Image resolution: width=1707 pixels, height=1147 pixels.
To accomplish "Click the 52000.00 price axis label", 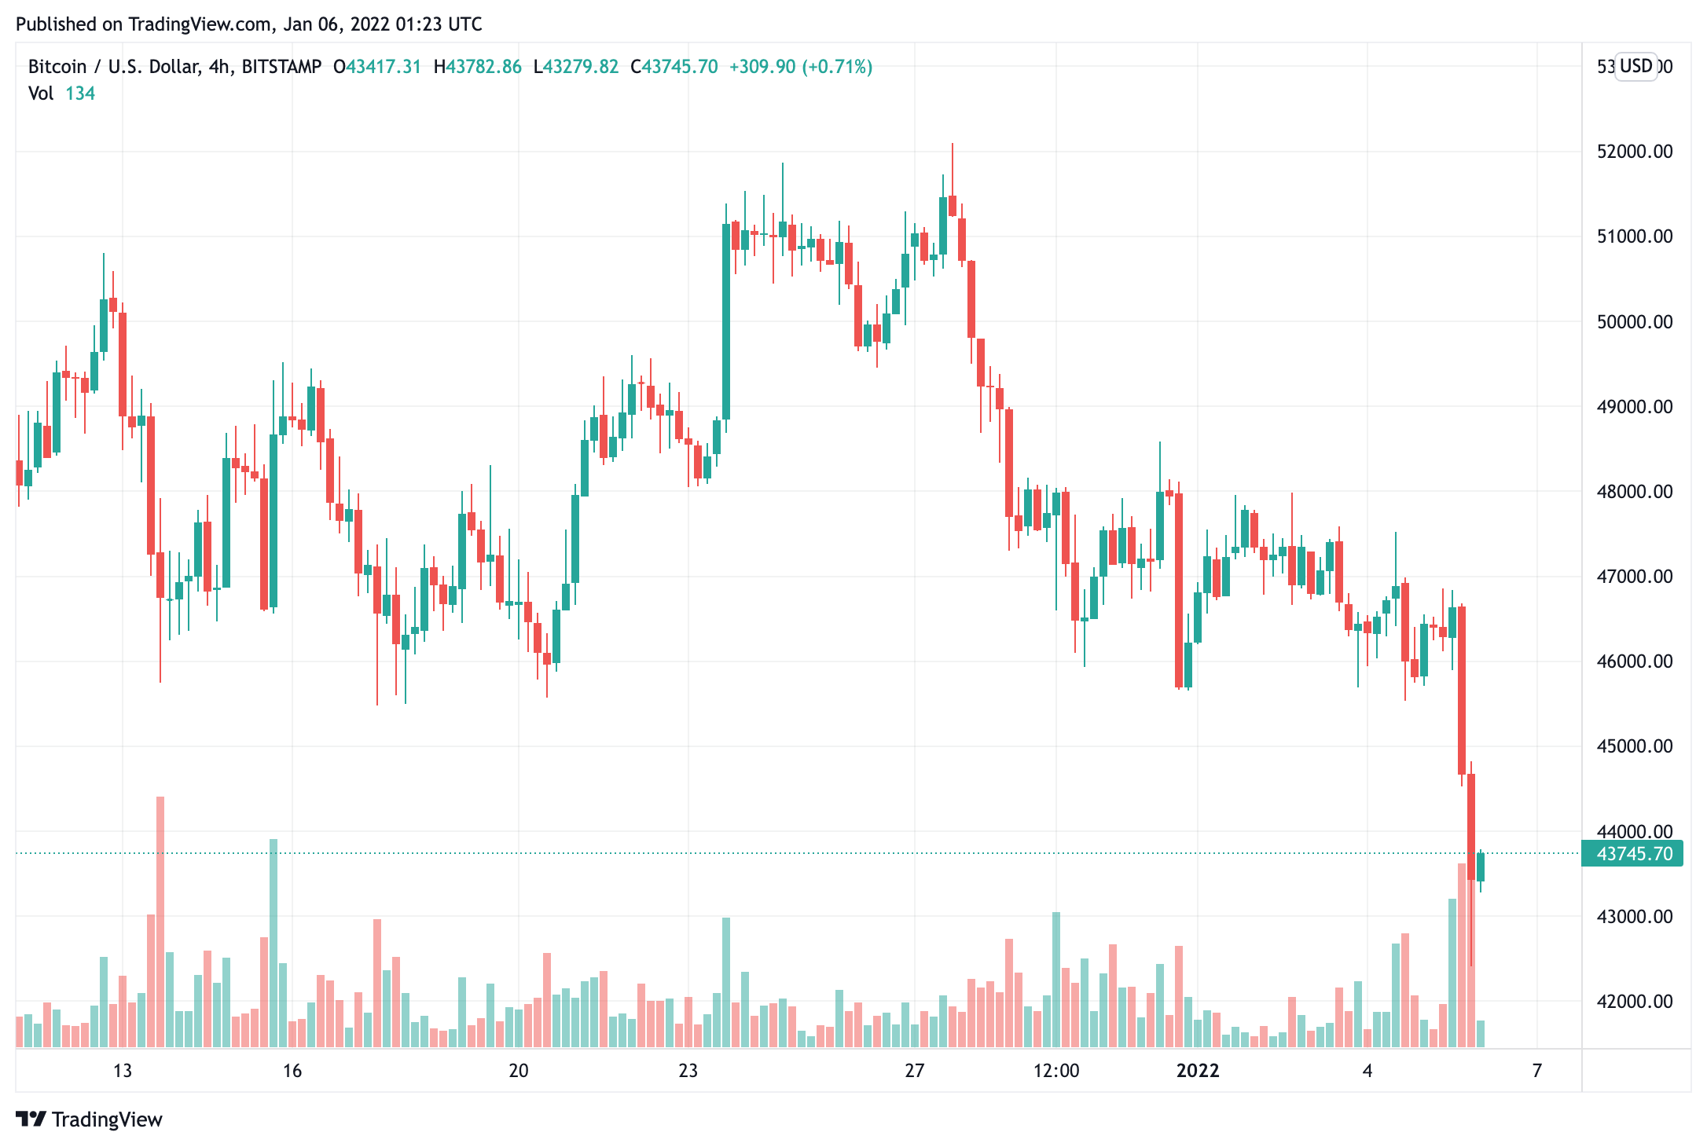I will [1635, 152].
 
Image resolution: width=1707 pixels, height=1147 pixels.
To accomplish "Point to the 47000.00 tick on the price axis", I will [1635, 577].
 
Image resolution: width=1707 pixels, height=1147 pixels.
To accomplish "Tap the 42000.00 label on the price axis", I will [1635, 1002].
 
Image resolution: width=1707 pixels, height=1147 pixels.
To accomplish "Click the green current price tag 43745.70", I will [1632, 854].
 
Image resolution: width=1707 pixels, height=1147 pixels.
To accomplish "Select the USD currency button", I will [1636, 66].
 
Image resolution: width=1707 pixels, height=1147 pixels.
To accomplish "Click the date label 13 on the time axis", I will [123, 1071].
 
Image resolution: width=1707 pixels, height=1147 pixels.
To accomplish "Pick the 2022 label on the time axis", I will [1198, 1071].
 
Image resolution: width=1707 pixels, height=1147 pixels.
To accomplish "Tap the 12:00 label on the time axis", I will [1056, 1071].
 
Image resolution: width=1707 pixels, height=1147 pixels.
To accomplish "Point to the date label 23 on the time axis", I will [688, 1071].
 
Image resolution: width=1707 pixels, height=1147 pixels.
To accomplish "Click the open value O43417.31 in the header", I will [377, 67].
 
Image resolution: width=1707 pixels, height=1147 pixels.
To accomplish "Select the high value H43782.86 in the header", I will [478, 67].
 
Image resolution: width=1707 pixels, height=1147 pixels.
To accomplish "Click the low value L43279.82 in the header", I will [576, 67].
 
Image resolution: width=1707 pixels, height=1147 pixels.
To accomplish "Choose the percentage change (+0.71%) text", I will [837, 67].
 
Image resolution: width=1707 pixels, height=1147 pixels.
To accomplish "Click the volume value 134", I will [80, 93].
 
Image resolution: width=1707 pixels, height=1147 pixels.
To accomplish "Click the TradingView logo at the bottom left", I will [89, 1120].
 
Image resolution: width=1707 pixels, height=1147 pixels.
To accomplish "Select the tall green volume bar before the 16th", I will [273, 943].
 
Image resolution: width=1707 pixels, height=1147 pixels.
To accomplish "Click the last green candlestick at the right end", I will [1481, 867].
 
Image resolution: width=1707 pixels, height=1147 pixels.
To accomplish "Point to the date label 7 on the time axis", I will [1537, 1071].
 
